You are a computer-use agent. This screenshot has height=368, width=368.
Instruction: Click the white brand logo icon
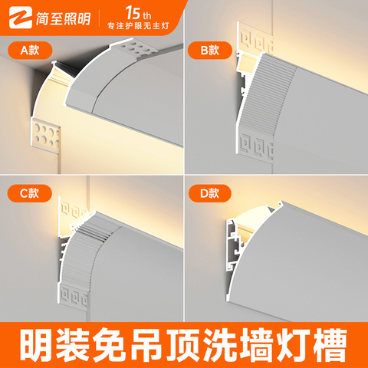[x=21, y=18]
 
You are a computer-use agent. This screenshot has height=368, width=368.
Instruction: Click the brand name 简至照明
[x=64, y=18]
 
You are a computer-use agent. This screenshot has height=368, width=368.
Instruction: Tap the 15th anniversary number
[x=138, y=13]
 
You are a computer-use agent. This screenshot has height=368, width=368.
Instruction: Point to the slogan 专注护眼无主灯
[x=138, y=26]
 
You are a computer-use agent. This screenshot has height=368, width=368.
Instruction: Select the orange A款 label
[x=30, y=51]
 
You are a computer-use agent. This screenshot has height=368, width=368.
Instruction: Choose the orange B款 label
[x=210, y=51]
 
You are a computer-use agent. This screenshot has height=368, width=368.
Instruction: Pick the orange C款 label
[x=30, y=193]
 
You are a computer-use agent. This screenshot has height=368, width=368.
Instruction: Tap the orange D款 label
[x=210, y=193]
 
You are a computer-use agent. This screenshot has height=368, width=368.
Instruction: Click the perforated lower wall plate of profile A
[x=46, y=135]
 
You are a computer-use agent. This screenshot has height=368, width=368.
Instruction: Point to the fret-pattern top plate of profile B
[x=255, y=38]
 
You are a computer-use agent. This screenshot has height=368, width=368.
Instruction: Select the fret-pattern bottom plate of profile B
[x=255, y=145]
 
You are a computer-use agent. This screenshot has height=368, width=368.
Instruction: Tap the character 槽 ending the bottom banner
[x=331, y=345]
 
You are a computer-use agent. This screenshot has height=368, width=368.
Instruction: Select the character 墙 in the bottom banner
[x=258, y=345]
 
